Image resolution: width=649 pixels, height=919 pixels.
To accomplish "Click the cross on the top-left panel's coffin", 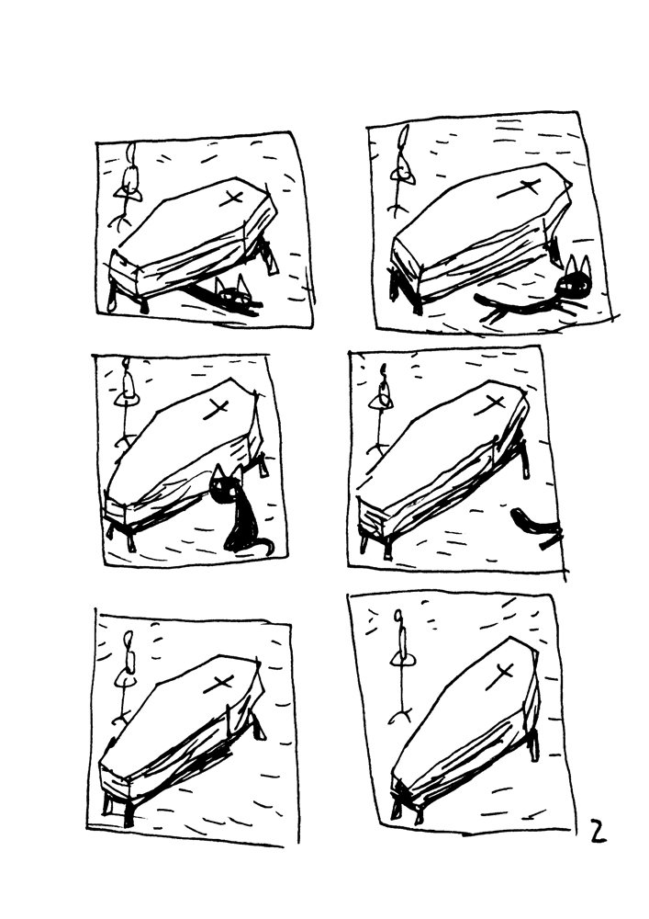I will [x=231, y=199].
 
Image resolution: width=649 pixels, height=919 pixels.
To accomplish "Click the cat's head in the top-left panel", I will [x=233, y=296].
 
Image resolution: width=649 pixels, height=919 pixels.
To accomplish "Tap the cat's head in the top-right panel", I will [x=575, y=281].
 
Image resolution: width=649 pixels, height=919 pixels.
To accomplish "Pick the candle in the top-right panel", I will [x=402, y=151].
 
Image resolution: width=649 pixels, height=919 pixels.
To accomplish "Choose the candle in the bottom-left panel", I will [x=129, y=655].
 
